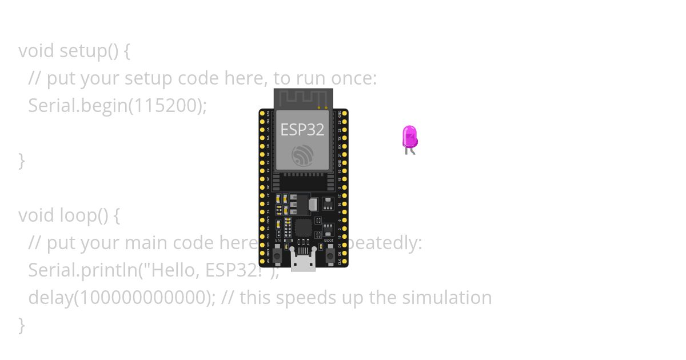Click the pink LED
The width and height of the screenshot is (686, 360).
pos(410,137)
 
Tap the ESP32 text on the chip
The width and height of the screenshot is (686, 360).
pos(302,130)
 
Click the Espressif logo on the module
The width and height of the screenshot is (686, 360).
pos(302,155)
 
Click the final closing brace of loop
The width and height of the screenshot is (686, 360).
pos(22,325)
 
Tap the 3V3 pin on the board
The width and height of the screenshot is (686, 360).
pos(262,114)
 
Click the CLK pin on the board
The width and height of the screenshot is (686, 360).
pos(344,262)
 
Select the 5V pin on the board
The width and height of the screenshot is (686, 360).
pos(262,262)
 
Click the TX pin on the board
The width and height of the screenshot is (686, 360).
pos(344,138)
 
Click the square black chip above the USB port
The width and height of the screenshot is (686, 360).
pos(303,228)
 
